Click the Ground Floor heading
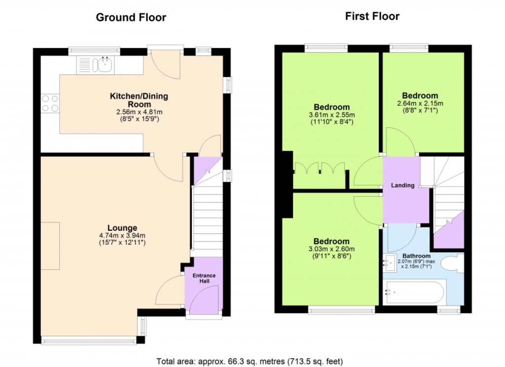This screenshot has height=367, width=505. click(x=131, y=17)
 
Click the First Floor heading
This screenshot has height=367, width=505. click(x=372, y=16)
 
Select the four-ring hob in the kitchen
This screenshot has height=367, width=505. click(x=50, y=103)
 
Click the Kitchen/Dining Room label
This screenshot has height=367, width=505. click(x=139, y=100)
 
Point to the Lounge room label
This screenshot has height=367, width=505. click(x=122, y=228)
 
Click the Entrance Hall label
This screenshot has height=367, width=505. click(x=204, y=278)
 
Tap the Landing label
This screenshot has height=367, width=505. click(x=402, y=185)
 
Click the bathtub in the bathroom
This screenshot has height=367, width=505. click(x=414, y=292)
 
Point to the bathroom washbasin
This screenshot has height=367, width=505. click(x=390, y=262)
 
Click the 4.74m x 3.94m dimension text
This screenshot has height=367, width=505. click(x=122, y=235)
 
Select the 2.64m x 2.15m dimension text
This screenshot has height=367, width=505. click(x=420, y=104)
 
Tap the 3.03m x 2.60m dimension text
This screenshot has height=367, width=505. click(x=331, y=249)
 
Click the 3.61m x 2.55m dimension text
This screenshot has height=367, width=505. click(x=332, y=115)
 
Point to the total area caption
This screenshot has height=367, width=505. click(x=250, y=362)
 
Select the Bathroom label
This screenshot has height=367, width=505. click(x=416, y=256)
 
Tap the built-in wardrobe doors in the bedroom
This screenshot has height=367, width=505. click(x=320, y=168)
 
